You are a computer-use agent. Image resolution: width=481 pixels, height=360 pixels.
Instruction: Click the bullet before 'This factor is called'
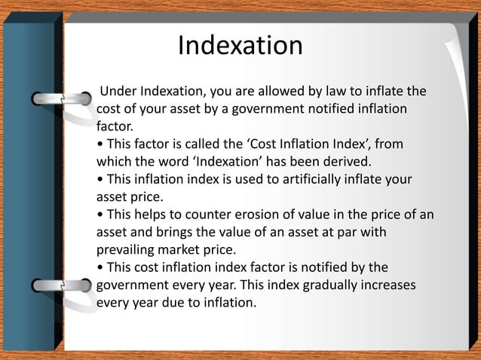pyautogui.click(x=100, y=145)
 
